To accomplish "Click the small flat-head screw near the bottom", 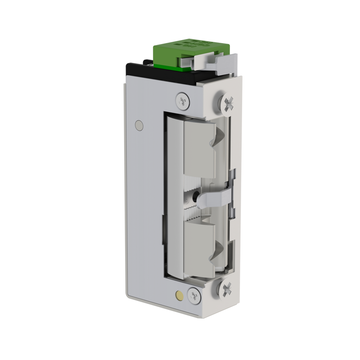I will point(194,295).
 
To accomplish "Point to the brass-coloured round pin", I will point(179,296).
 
